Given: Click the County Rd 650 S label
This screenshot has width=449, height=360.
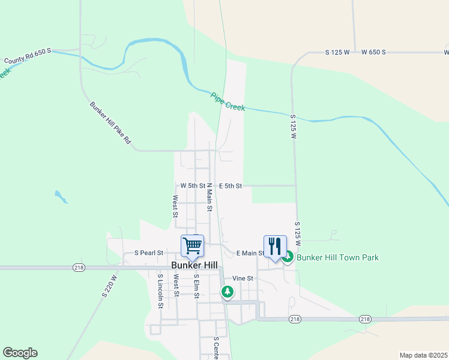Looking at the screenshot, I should tap(26, 57).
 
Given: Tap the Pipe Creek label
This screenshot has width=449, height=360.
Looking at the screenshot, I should tap(228, 101).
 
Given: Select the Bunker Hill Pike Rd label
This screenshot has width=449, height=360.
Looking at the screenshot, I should tap(110, 125).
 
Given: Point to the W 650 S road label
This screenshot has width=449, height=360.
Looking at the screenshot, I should tap(373, 53).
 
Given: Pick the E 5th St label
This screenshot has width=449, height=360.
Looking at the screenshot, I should tap(230, 186).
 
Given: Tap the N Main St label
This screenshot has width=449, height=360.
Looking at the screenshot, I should tap(210, 197).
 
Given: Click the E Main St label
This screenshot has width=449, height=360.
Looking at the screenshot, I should tap(250, 253).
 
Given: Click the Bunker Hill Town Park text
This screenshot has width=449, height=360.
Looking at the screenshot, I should tap(338, 257).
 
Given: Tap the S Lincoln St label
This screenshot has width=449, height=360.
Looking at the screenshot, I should tap(160, 291).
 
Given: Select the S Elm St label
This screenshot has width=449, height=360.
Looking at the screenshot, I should tap(196, 286).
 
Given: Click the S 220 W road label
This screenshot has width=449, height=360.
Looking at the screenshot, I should tap(109, 284).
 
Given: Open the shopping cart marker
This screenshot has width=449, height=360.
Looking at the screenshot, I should tap(193, 245).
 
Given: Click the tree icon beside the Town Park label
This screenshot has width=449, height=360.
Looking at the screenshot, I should tap(288, 257).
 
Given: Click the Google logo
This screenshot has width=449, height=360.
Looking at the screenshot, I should tap(20, 353).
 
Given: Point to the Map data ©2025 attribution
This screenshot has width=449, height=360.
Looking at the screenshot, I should tap(423, 355).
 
